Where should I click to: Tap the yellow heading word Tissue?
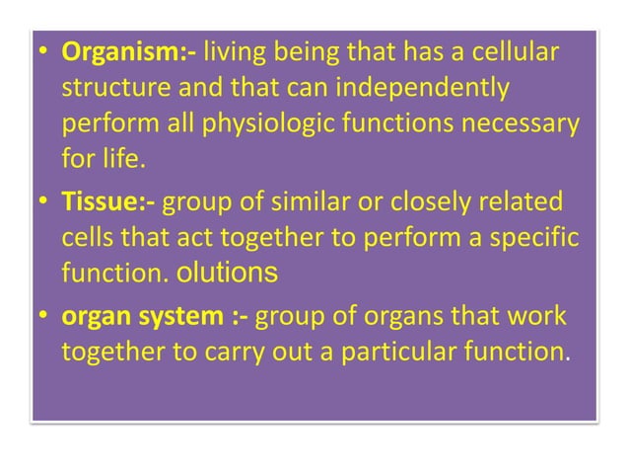104,203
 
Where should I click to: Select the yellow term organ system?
151,319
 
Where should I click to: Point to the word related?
522,203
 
